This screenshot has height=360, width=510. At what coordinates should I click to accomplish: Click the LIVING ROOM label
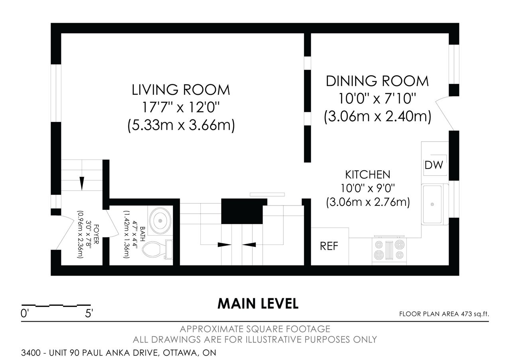(x=181, y=90)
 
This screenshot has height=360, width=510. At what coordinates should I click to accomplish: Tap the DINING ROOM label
(x=377, y=81)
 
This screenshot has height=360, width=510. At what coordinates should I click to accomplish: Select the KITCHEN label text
(x=368, y=175)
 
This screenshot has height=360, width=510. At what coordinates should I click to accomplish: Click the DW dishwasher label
(x=434, y=165)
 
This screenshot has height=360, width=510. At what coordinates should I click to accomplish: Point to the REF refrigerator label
(x=329, y=246)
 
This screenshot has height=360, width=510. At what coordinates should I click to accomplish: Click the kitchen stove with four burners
(x=389, y=250)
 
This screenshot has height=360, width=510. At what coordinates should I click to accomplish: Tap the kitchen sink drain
(x=432, y=204)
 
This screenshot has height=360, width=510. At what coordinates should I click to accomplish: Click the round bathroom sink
(x=160, y=221)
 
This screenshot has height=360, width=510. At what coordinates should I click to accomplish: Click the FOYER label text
(x=96, y=235)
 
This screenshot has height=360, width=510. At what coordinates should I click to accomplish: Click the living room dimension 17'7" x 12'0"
(x=181, y=107)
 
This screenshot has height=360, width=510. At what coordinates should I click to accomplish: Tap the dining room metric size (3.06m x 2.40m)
(x=377, y=117)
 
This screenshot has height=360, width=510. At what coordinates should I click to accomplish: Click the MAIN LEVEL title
(x=258, y=303)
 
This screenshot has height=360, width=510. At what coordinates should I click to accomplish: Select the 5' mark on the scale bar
(x=89, y=313)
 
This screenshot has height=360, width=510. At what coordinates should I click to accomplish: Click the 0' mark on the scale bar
(x=24, y=313)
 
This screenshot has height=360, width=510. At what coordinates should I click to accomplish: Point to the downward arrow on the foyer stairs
(x=82, y=184)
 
